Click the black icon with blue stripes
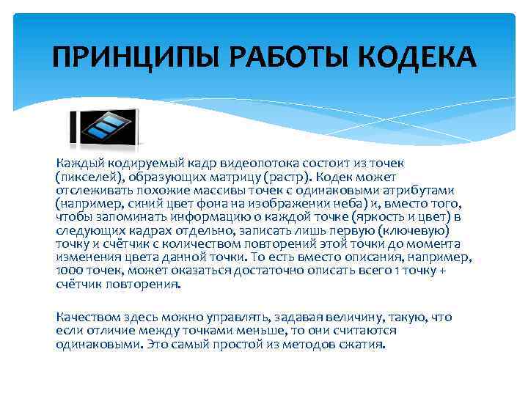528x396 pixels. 103,129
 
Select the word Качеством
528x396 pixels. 87,318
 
